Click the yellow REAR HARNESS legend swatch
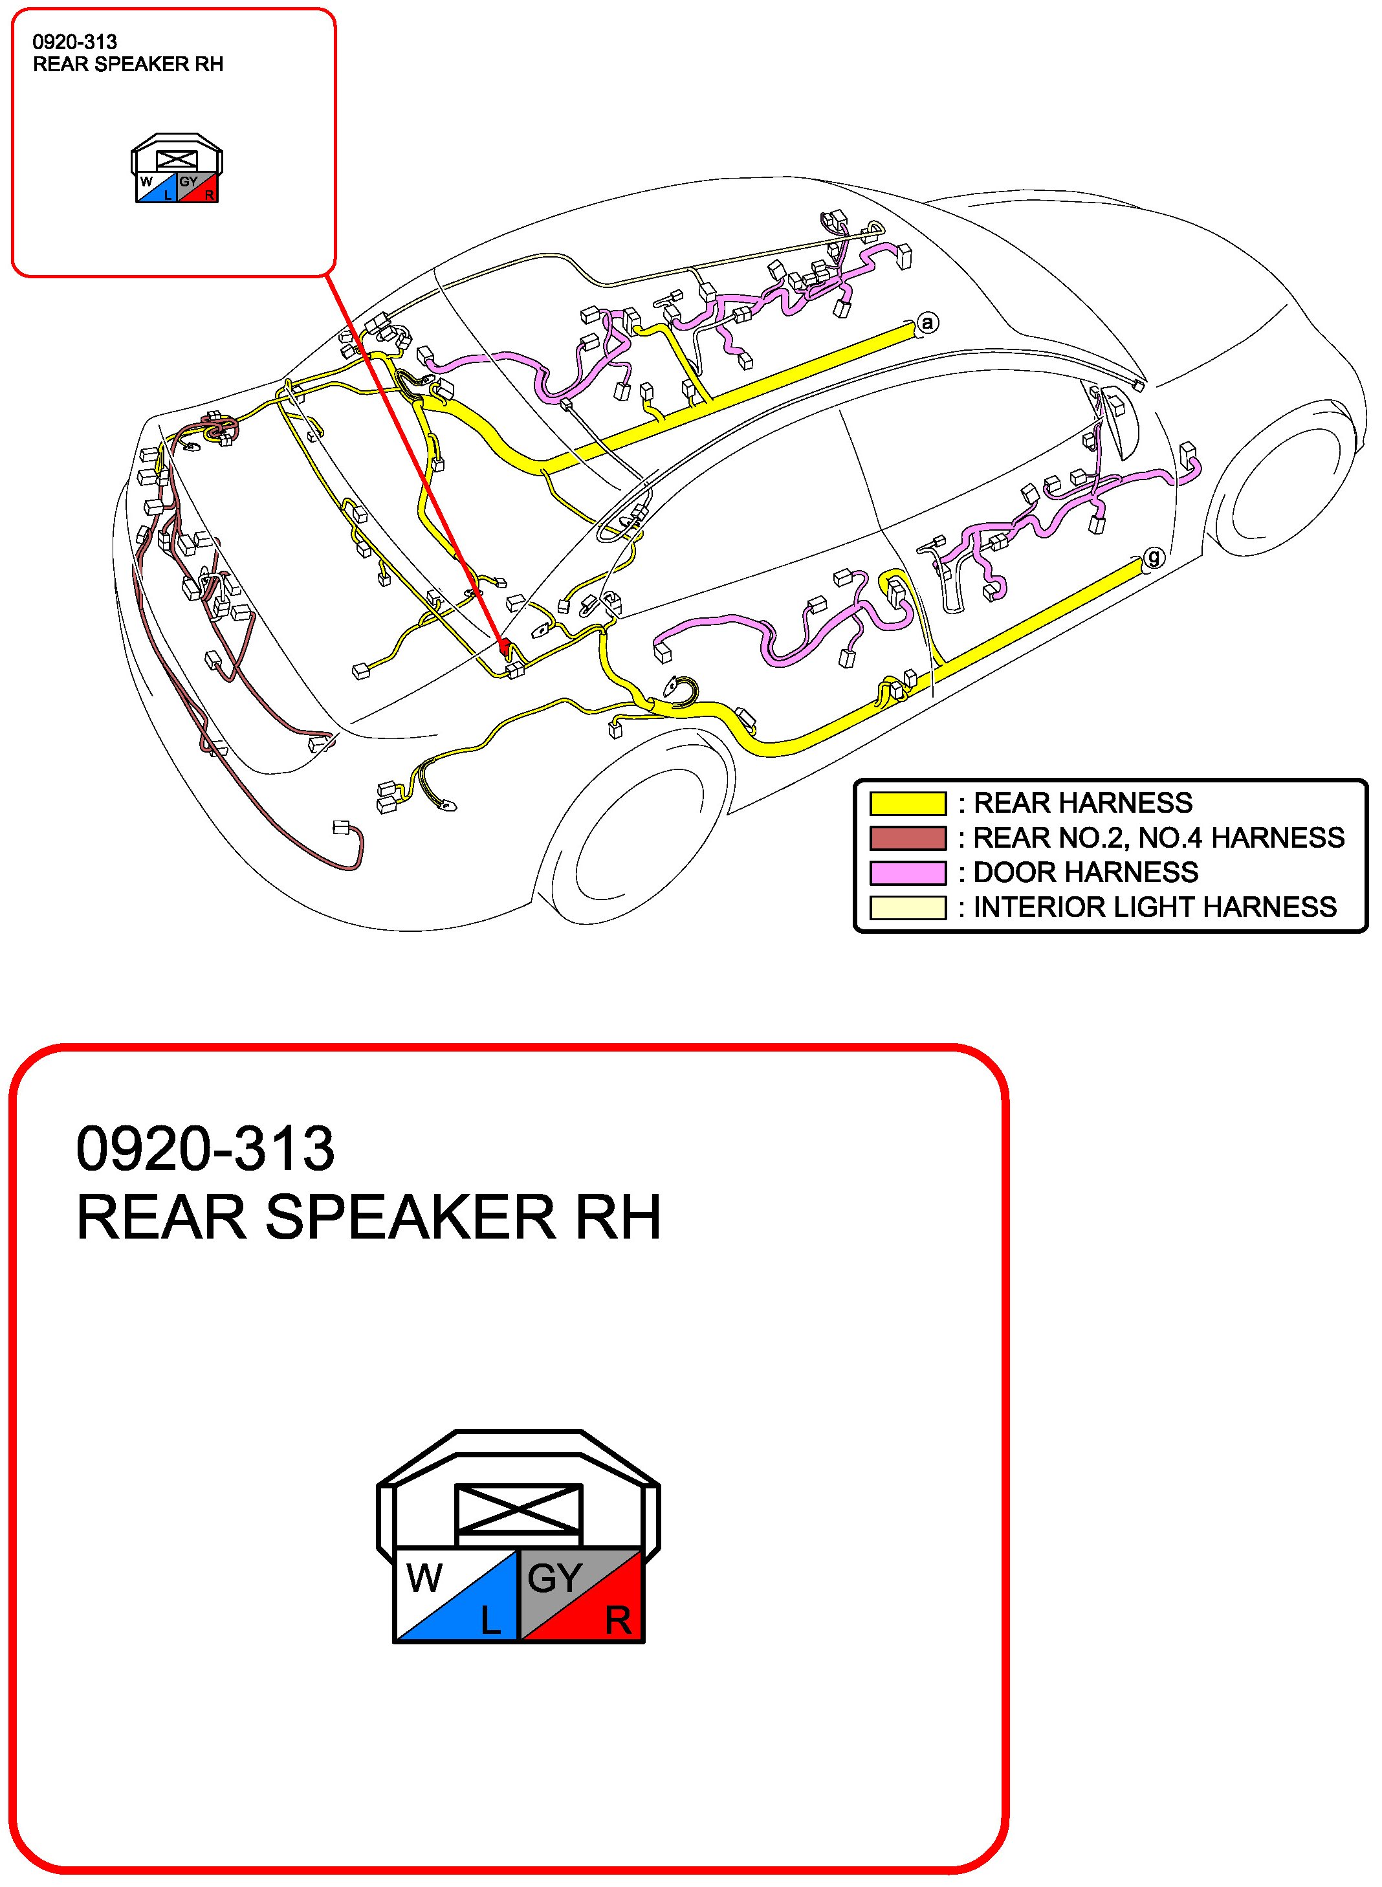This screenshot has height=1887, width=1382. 907,803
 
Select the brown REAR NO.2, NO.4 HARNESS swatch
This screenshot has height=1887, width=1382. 907,837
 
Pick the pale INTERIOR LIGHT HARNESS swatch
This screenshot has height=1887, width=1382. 907,908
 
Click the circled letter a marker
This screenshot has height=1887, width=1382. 927,322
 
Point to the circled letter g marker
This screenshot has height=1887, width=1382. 1154,557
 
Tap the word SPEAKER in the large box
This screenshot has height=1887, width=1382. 410,1217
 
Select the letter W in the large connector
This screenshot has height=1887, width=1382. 424,1578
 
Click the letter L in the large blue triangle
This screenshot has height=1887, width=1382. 491,1622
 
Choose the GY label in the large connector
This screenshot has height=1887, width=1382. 554,1578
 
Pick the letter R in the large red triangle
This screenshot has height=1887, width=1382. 619,1622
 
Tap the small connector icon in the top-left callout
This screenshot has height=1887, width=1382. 177,168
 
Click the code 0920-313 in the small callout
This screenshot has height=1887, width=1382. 74,42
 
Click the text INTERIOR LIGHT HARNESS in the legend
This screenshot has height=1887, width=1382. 1154,908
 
